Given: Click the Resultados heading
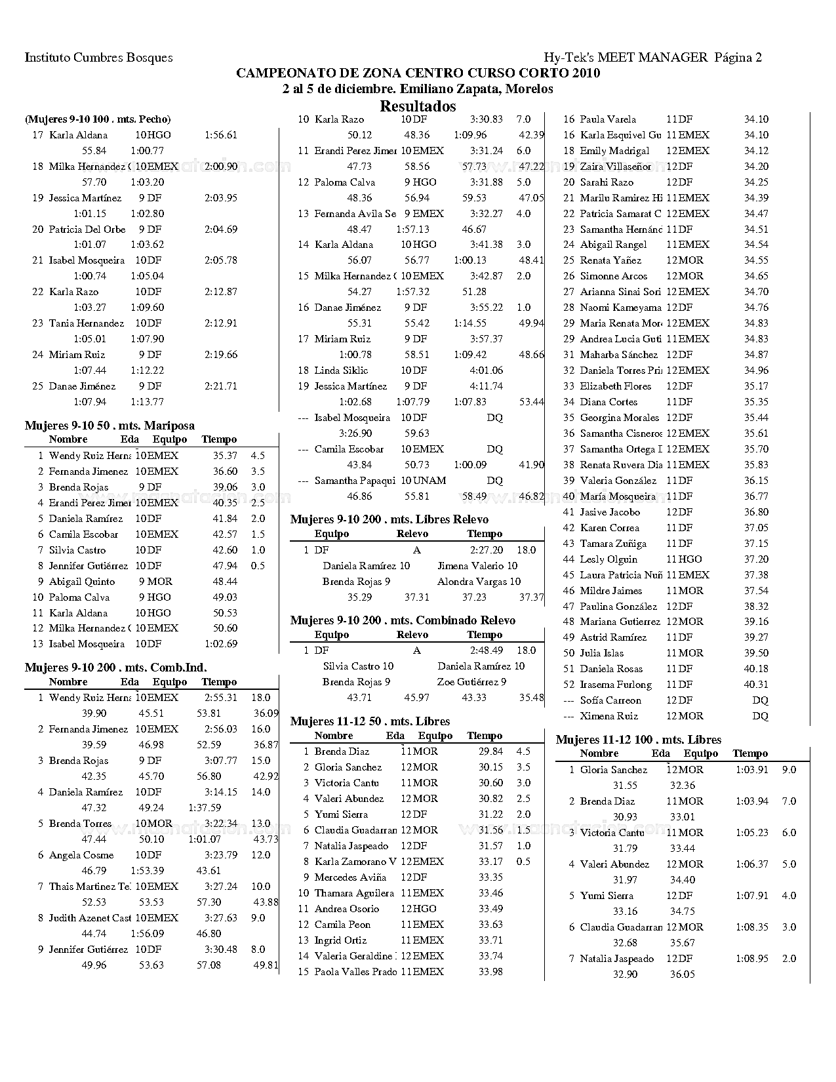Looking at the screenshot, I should click(x=418, y=106).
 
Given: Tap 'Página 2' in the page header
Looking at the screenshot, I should click(x=738, y=58).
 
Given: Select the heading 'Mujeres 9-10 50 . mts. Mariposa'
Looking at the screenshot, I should click(x=109, y=426).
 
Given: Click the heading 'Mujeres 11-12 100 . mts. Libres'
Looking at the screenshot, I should click(x=639, y=740).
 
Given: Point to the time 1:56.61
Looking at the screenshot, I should click(x=220, y=135).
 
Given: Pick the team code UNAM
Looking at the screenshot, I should click(x=429, y=481).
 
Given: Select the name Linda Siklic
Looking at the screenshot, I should click(x=341, y=371).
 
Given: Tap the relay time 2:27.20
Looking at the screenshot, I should click(x=487, y=550).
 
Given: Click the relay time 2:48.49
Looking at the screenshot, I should click(x=487, y=651).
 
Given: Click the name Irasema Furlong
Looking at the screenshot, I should click(x=616, y=685).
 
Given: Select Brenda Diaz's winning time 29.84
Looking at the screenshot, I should click(x=490, y=751).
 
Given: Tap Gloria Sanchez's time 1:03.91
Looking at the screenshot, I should click(x=751, y=770).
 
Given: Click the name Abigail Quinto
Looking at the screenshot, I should click(x=81, y=582).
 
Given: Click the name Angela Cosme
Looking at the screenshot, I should click(x=81, y=855).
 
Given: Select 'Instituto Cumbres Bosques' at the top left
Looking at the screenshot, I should click(x=98, y=58).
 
